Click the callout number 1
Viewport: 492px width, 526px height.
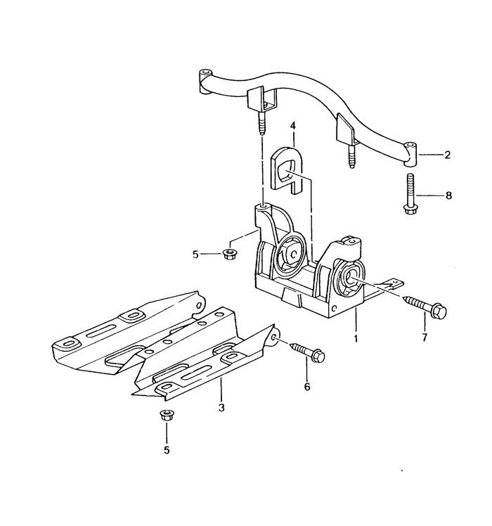tap(356, 338)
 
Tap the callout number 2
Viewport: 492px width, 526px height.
tap(447, 155)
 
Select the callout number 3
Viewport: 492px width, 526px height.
tap(221, 408)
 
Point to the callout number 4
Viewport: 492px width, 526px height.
tap(293, 126)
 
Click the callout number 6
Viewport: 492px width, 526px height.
tap(307, 387)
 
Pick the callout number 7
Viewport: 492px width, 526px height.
tap(425, 337)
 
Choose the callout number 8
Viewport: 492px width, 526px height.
tap(448, 195)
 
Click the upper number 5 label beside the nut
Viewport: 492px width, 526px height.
tap(195, 255)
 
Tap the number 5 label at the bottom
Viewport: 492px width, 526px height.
tap(167, 450)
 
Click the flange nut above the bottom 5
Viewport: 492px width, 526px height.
tap(165, 416)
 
